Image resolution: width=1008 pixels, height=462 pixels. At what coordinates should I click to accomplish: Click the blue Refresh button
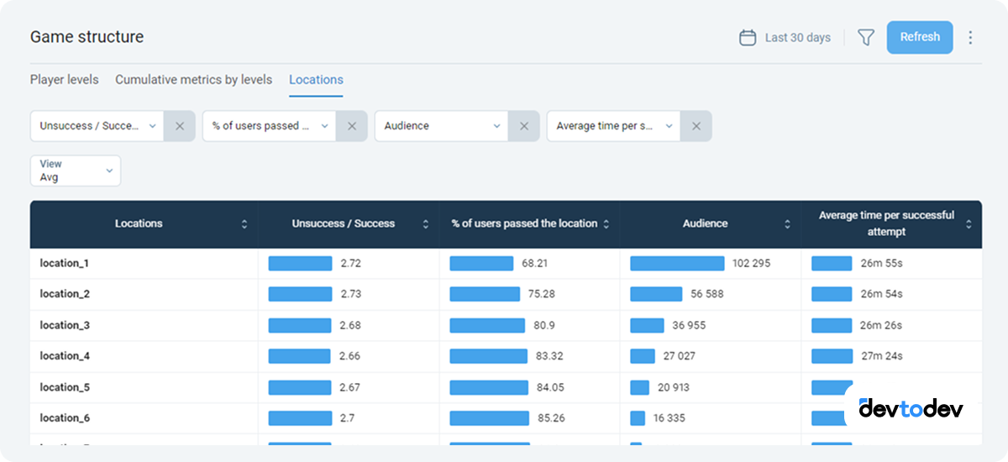[x=920, y=37]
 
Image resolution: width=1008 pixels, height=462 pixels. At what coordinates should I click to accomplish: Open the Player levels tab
[x=65, y=80]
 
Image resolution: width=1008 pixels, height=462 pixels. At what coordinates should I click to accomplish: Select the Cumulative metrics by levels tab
[x=193, y=80]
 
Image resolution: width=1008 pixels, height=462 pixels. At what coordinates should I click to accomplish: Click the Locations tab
[x=316, y=80]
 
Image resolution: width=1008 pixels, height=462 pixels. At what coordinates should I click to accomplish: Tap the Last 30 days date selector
[x=785, y=38]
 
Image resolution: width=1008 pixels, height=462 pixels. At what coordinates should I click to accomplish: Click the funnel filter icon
[x=866, y=38]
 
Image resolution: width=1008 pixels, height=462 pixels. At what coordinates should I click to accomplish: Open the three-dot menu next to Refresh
[x=971, y=38]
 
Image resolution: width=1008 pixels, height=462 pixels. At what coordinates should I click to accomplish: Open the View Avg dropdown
[x=76, y=171]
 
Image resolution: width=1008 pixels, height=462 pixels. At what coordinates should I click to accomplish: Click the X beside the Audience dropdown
[x=523, y=126]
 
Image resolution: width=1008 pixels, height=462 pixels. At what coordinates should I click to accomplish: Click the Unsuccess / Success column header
[x=344, y=224]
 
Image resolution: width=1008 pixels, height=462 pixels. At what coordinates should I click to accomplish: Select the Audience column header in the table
[x=706, y=224]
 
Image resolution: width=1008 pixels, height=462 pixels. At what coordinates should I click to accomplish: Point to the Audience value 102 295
[x=751, y=264]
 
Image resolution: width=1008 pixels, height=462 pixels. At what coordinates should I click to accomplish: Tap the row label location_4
[x=65, y=356]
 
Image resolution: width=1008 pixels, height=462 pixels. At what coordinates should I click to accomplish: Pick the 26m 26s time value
[x=881, y=325]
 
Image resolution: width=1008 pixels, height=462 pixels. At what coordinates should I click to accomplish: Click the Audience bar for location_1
[x=677, y=264]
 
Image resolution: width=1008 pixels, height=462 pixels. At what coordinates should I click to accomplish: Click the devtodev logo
[x=911, y=409]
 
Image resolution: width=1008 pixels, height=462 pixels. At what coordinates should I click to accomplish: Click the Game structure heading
[x=87, y=37]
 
